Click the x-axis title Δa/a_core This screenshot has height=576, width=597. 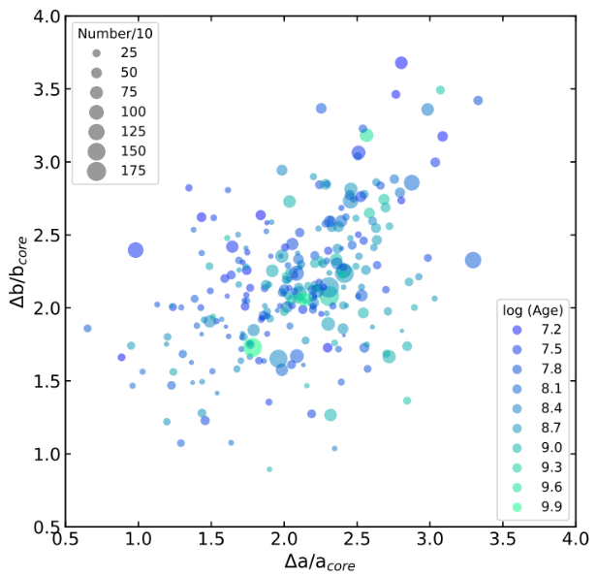(x=320, y=563)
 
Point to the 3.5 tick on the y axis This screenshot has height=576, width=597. (x=66, y=89)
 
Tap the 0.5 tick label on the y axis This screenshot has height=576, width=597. (x=42, y=528)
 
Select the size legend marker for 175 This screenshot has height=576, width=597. (x=96, y=172)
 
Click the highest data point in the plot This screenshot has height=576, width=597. (x=401, y=63)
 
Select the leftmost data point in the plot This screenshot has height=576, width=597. (x=87, y=329)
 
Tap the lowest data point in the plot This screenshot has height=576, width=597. (x=269, y=469)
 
